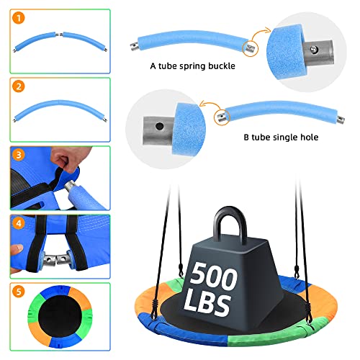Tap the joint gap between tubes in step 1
point(63,37)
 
